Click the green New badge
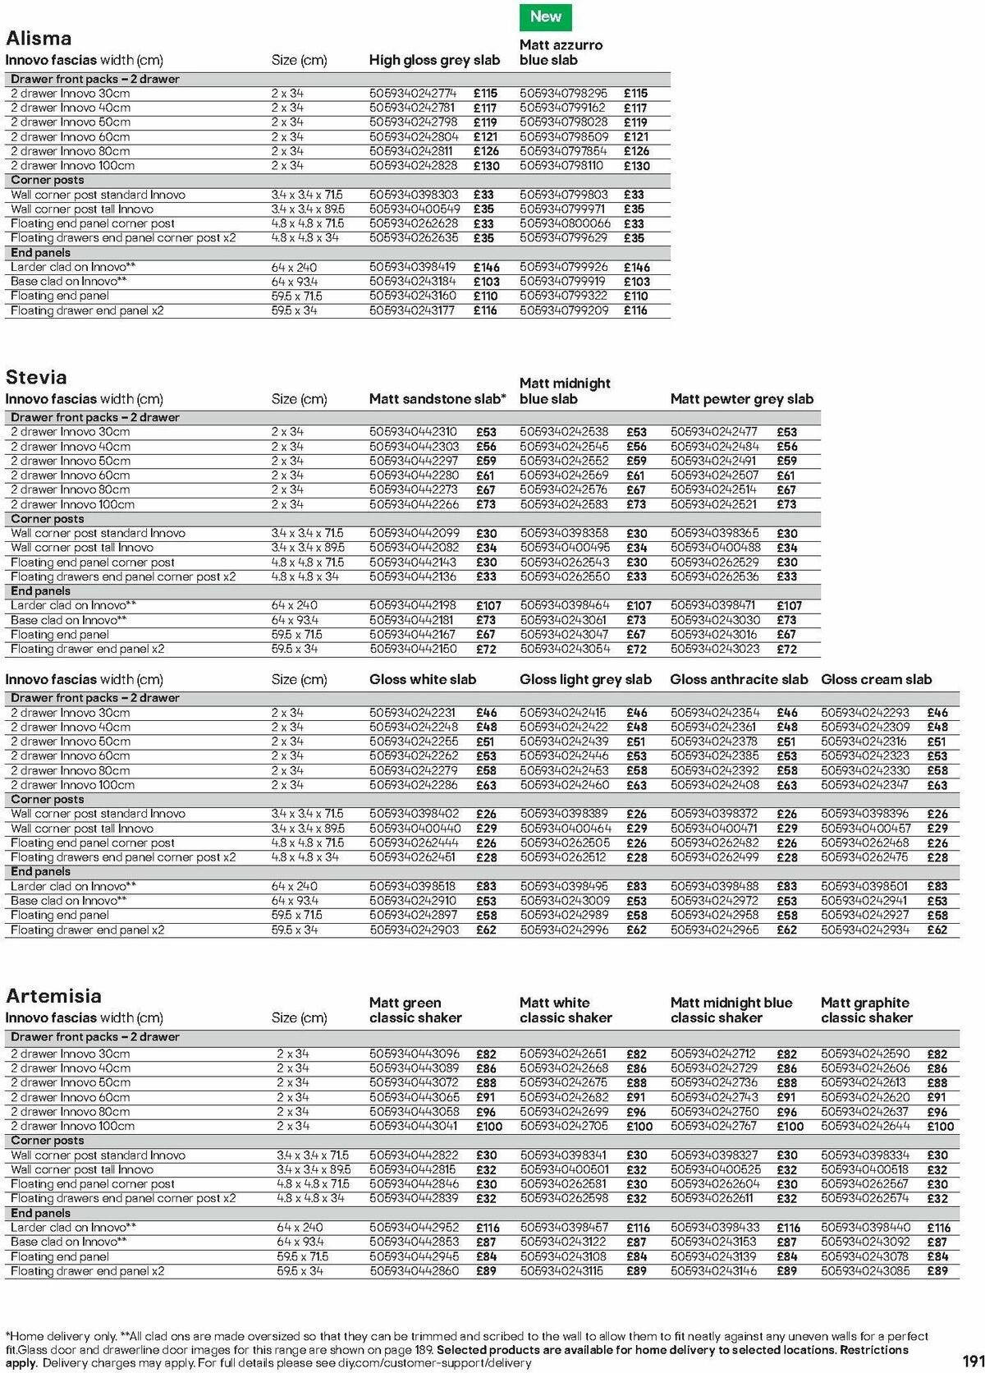[545, 16]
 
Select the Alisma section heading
[39, 39]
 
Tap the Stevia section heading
[36, 378]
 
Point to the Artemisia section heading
[53, 996]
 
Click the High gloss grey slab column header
[434, 60]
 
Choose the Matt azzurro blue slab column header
[561, 53]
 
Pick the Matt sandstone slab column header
[438, 399]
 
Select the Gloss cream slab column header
[876, 679]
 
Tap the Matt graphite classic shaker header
[866, 1010]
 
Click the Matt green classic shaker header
[415, 1010]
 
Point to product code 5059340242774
[413, 94]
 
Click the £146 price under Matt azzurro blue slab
[636, 268]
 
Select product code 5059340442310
[413, 432]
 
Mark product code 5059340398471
[714, 605]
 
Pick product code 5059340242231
[413, 713]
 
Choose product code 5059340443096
[415, 1054]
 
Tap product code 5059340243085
[865, 1270]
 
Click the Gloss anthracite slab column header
[739, 679]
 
